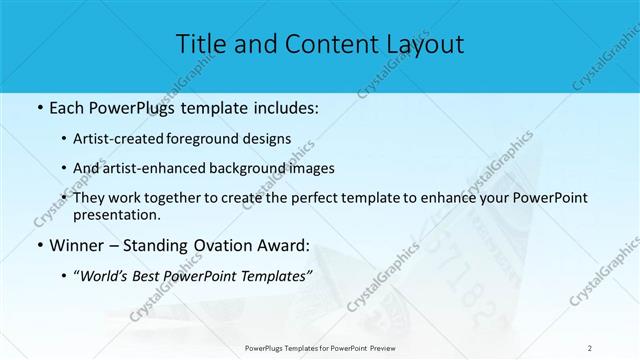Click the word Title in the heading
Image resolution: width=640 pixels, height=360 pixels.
point(200,44)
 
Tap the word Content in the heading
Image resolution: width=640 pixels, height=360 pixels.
point(319,44)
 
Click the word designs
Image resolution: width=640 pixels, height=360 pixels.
point(268,138)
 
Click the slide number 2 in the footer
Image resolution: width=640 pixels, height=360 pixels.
point(590,348)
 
